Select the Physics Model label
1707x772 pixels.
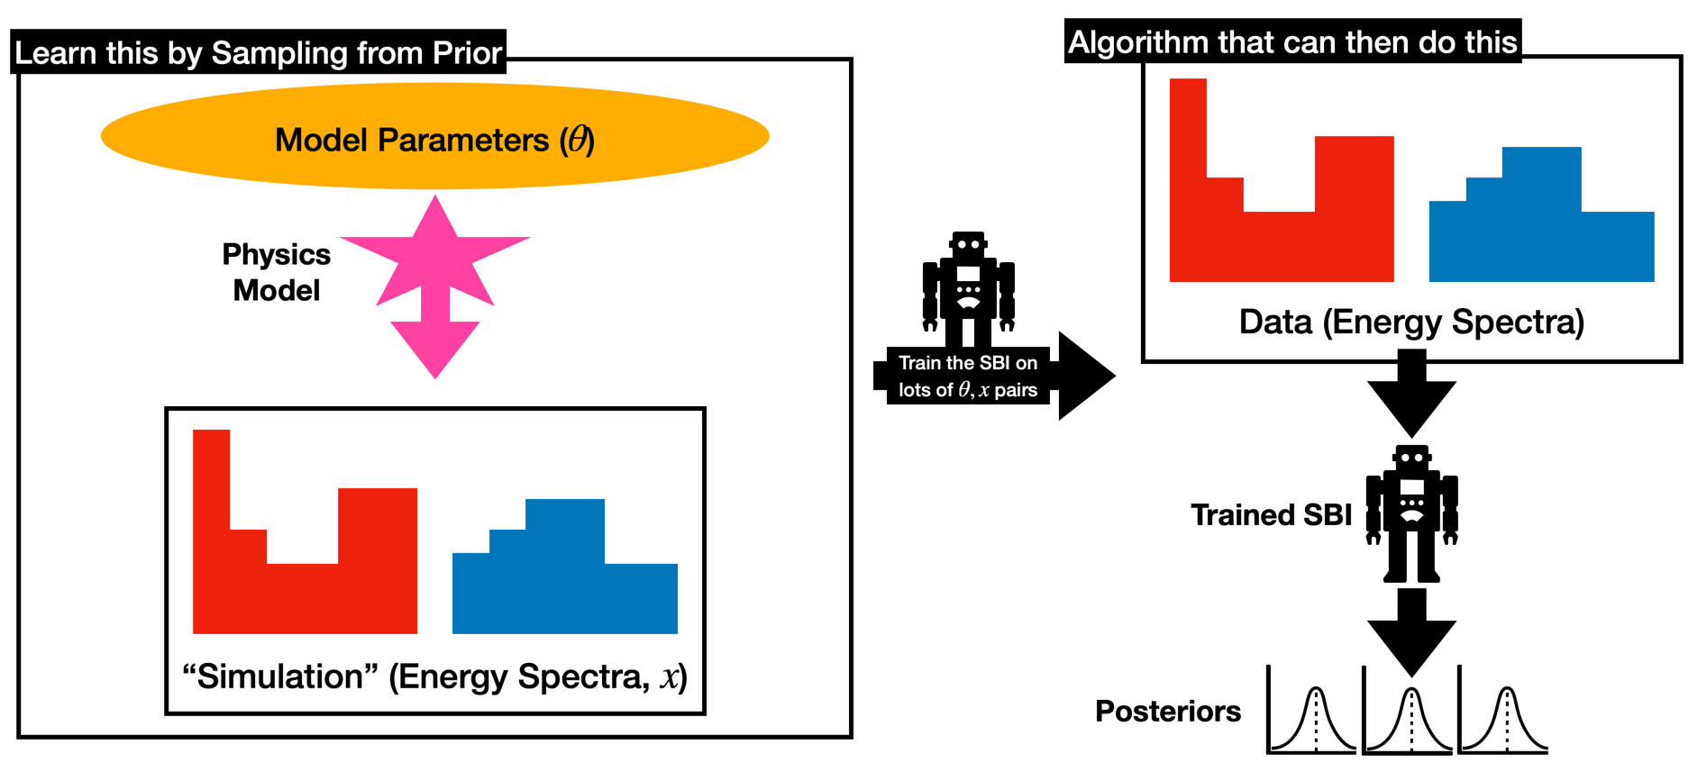click(x=276, y=272)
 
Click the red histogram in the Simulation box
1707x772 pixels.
click(x=304, y=586)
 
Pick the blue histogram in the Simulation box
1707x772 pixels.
click(x=564, y=586)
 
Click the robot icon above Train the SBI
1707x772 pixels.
click(x=968, y=288)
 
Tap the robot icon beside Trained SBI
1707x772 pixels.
click(x=1411, y=513)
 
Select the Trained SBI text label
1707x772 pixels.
click(x=1271, y=514)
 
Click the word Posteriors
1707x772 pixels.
click(x=1167, y=711)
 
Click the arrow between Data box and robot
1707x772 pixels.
click(x=1411, y=396)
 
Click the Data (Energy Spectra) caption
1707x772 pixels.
click(x=1411, y=322)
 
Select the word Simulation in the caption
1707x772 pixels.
click(x=279, y=677)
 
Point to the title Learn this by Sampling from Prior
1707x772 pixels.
click(x=259, y=53)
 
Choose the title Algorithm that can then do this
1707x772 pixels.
click(x=1292, y=42)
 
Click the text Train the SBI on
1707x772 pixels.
click(x=968, y=363)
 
